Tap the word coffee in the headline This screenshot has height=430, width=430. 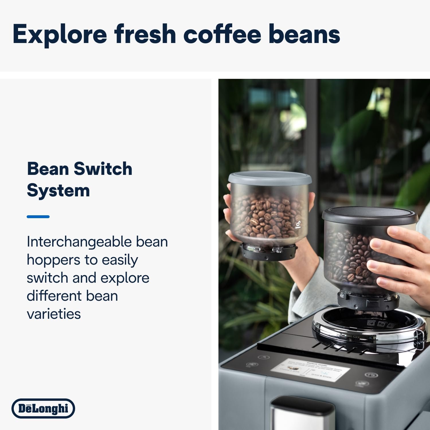tap(222, 34)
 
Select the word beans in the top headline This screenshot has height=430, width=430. tap(304, 34)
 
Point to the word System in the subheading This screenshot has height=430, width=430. tap(58, 191)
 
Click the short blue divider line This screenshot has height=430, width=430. tap(38, 217)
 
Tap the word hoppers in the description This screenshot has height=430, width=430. tap(53, 260)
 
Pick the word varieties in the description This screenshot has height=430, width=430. tap(54, 314)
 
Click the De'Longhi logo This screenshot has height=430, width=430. tap(43, 408)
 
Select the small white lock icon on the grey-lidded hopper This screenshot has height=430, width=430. tap(298, 225)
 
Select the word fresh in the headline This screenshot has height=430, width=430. tap(145, 34)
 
